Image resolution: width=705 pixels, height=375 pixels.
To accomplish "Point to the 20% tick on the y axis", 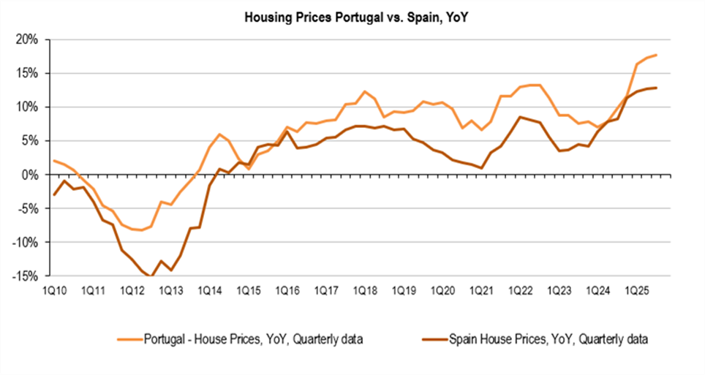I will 26,39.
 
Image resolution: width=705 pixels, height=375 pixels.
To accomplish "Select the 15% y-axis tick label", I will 26,73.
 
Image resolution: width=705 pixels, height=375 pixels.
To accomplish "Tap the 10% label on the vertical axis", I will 26,107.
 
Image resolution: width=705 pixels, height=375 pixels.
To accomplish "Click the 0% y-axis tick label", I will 29,175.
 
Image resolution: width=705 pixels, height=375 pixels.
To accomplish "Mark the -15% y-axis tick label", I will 25,276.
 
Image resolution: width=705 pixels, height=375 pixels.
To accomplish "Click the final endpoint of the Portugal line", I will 657,55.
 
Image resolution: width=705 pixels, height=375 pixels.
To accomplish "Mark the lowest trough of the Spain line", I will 150,276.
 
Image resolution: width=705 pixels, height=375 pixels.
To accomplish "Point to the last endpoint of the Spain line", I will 657,88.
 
